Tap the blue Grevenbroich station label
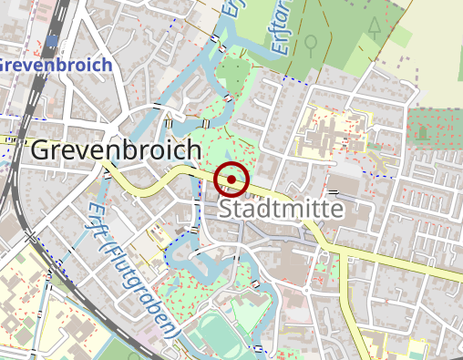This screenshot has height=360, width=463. tap(55, 66)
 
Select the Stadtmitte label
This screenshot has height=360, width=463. tap(282, 211)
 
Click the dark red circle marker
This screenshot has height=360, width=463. tap(232, 180)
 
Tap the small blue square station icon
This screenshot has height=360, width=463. tap(54, 41)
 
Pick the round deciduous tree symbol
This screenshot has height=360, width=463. tap(312, 42)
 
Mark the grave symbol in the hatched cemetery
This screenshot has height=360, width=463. tap(422, 132)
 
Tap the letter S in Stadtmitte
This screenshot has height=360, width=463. tap(227, 211)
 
